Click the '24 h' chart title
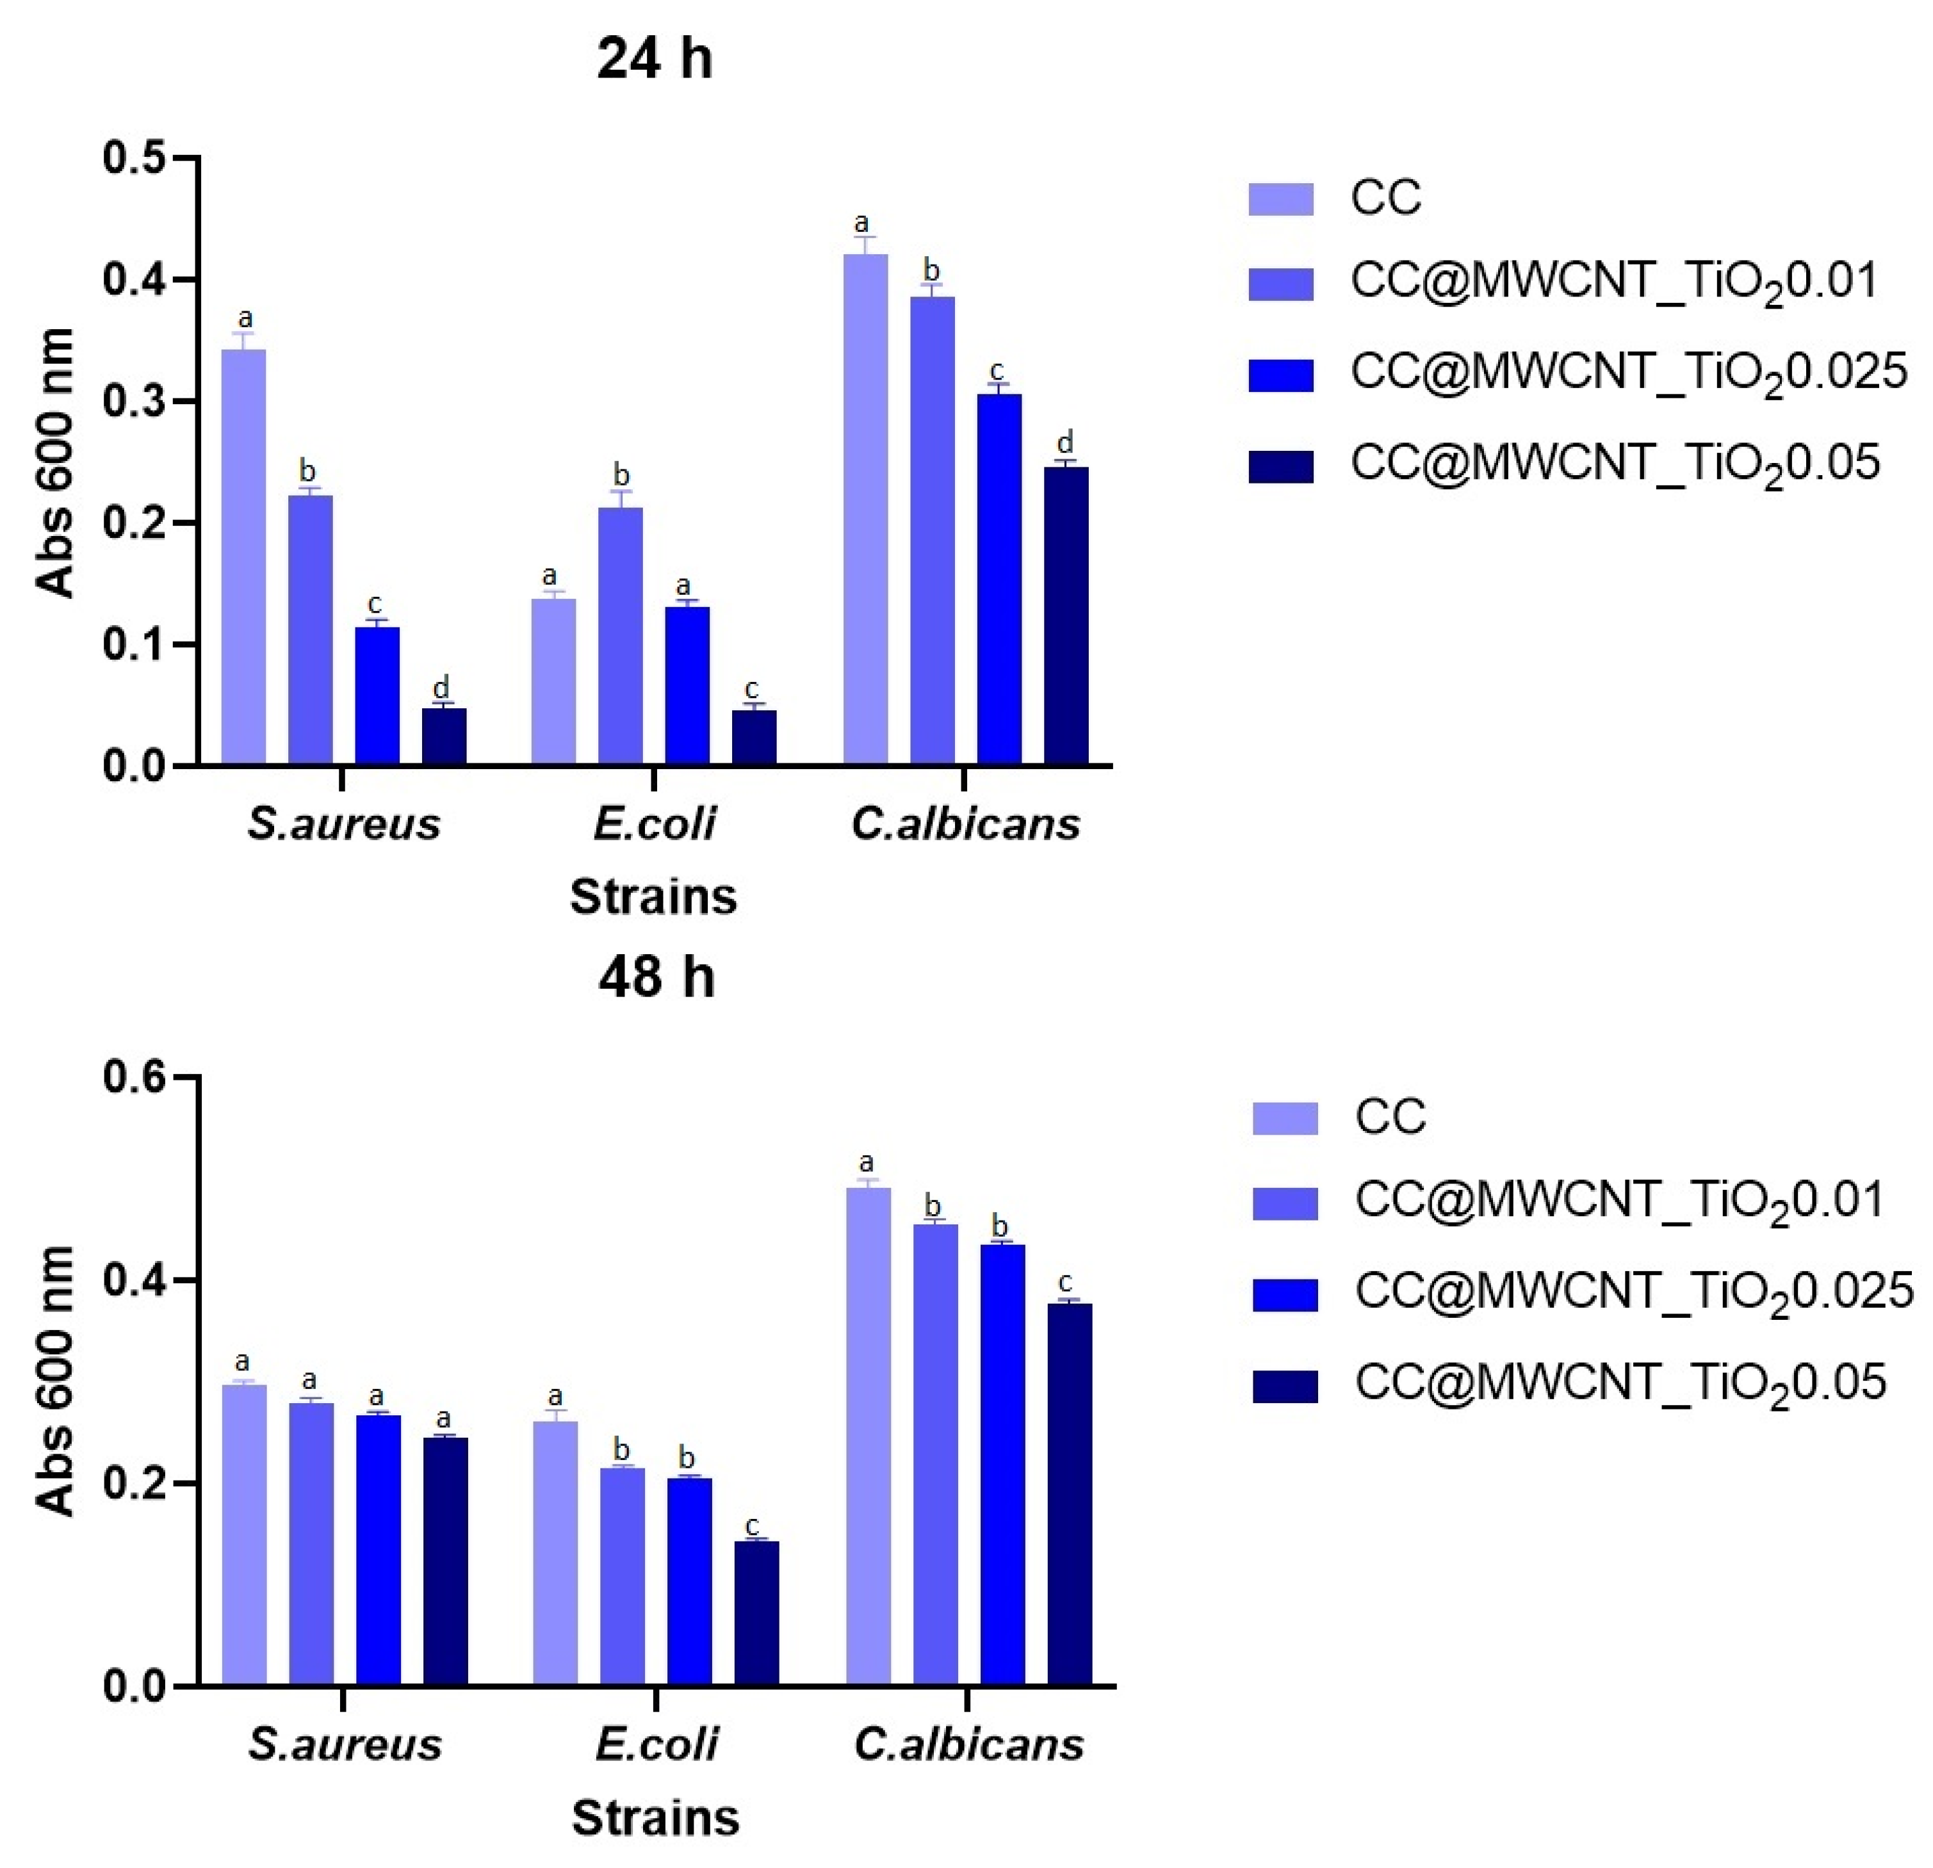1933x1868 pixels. coord(654,59)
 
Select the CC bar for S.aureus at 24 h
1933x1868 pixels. coord(243,557)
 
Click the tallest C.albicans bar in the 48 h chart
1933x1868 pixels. coord(868,1435)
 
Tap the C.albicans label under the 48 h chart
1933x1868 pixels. coord(968,1744)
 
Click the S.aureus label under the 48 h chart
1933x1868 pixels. coord(344,1744)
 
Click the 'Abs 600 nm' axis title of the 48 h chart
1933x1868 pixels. coord(56,1381)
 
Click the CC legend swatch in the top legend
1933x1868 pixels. coord(1280,199)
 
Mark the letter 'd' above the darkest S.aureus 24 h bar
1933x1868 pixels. coord(442,687)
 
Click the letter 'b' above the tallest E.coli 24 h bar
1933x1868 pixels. coord(621,475)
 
